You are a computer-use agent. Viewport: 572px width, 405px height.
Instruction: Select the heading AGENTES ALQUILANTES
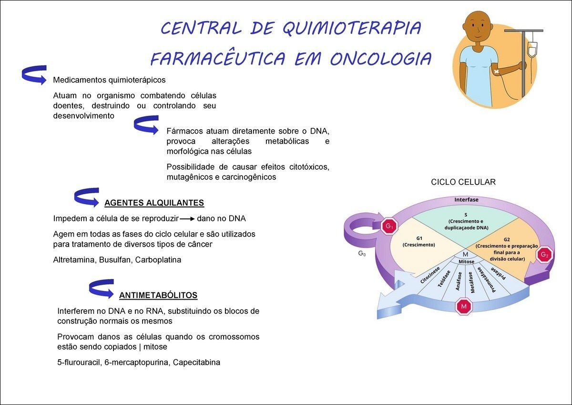(154, 203)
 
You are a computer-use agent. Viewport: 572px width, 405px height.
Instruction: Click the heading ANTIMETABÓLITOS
(158, 295)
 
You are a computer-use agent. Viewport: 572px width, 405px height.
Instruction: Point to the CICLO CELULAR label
(463, 182)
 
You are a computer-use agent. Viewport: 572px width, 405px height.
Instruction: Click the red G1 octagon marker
(389, 226)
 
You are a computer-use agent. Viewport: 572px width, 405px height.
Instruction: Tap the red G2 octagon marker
(544, 254)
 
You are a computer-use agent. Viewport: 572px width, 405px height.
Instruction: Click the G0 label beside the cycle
(362, 254)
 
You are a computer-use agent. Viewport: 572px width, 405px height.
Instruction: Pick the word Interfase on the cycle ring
(466, 199)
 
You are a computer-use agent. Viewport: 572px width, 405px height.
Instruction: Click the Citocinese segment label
(429, 275)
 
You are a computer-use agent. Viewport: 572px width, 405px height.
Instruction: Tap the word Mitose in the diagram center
(466, 262)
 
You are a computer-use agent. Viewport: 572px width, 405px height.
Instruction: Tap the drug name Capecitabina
(196, 362)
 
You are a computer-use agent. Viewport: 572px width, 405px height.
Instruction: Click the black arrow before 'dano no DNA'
(187, 219)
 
